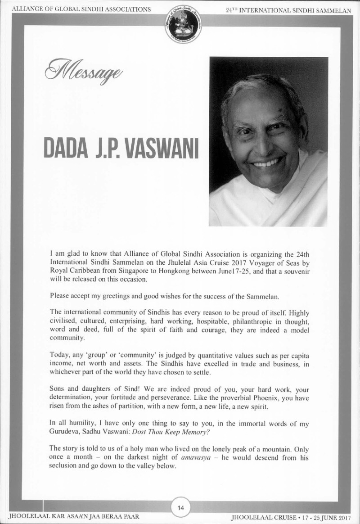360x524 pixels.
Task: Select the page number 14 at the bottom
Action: pyautogui.click(x=180, y=508)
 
